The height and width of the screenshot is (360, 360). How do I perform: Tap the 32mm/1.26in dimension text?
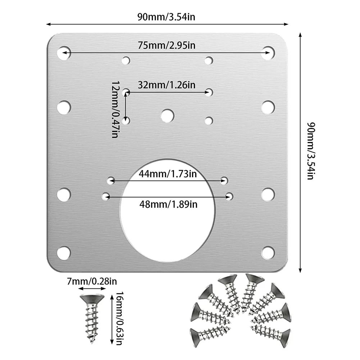167,85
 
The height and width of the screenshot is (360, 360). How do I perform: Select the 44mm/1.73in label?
168,174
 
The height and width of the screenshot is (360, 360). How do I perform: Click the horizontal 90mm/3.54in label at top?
166,17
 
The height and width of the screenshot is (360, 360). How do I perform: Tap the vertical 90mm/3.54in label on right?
311,151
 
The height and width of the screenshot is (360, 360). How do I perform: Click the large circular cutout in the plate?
167,216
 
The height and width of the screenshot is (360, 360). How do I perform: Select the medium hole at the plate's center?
167,116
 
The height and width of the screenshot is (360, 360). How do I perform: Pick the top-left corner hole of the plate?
64,53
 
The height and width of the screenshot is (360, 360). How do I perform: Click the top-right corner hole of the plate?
268,53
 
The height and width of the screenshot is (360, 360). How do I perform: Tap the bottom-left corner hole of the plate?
64,253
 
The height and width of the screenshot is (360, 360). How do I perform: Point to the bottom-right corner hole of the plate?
268,253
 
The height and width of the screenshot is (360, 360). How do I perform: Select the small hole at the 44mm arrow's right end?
225,180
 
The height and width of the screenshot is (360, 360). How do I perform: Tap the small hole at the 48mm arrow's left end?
106,196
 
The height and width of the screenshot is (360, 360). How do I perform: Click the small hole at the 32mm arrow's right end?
209,92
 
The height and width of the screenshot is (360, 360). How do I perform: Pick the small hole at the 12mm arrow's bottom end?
126,121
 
